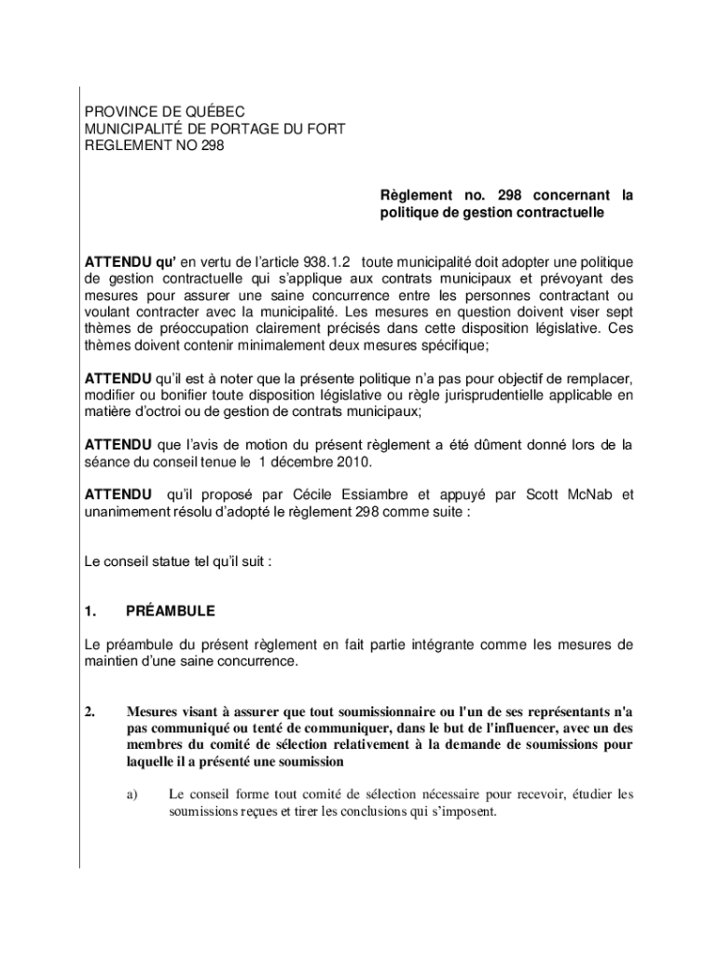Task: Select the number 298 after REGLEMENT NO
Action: point(212,145)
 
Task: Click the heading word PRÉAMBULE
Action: point(170,612)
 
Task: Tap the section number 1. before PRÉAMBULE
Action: point(90,612)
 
